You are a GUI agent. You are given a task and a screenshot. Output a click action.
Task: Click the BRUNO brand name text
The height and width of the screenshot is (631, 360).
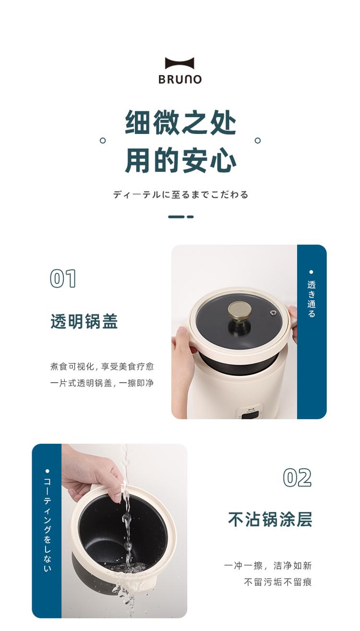pos(180,79)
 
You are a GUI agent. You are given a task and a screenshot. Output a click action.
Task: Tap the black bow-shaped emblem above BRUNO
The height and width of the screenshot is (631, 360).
pos(180,63)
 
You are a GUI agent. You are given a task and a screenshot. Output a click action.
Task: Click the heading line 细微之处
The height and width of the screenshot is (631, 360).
pos(180,122)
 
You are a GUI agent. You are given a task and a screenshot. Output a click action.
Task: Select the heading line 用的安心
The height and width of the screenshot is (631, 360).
pos(180,160)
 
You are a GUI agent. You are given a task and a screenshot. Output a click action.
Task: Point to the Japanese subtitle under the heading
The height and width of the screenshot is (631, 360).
pos(180,194)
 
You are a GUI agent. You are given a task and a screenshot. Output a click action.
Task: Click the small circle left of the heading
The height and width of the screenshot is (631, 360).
pos(103,140)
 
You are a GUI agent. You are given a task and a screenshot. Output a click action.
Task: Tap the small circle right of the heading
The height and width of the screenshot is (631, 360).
pos(258,140)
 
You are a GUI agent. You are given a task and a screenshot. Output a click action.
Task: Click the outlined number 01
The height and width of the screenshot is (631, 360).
pos(63,279)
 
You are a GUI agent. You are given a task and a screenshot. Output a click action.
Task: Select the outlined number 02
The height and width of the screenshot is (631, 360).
pos(297,477)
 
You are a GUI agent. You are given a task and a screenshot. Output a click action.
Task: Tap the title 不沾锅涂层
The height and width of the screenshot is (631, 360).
pos(270,519)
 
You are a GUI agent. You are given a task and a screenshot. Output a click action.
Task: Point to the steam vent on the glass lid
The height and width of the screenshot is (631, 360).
pos(273,313)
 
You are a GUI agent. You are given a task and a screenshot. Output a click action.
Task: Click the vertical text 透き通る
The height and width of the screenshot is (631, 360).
pos(311,299)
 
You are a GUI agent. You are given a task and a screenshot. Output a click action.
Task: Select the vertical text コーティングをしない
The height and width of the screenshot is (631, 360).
pos(48,525)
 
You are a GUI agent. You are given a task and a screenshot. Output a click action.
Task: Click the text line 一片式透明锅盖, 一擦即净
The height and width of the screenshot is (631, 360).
pos(102,383)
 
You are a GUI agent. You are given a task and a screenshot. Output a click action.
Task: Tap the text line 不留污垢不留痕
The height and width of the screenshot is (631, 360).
pos(278,582)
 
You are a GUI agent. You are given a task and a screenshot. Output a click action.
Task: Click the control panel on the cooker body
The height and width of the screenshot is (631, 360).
pos(250,414)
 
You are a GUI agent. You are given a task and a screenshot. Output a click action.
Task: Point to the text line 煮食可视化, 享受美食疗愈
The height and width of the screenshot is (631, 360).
pos(102,366)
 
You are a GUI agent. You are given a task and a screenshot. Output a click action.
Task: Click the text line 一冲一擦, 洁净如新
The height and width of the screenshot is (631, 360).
pos(268,565)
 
